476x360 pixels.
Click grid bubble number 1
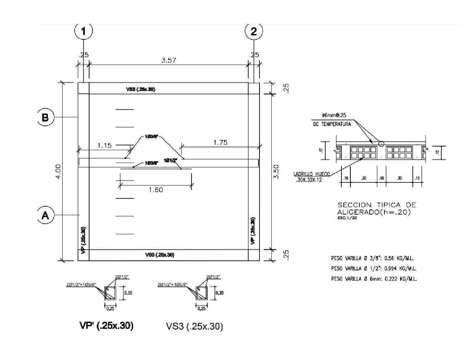click(83, 32)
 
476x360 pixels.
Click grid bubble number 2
click(254, 32)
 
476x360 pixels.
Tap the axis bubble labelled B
click(45, 117)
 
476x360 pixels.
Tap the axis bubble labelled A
click(45, 215)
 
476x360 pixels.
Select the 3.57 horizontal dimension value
click(169, 61)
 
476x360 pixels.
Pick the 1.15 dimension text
click(105, 146)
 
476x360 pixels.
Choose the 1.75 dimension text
click(220, 143)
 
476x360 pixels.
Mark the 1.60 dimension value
click(156, 190)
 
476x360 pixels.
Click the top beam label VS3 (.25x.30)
click(141, 89)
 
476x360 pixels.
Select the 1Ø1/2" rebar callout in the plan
click(170, 160)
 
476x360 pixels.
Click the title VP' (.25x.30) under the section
click(106, 326)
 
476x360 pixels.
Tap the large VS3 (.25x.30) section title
click(194, 327)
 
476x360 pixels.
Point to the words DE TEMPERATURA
click(332, 124)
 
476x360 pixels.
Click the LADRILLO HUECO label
click(312, 174)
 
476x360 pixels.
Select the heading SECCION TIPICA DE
click(377, 205)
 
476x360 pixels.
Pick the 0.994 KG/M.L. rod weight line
click(374, 268)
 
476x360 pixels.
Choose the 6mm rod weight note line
click(374, 279)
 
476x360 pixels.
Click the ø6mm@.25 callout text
click(334, 115)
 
